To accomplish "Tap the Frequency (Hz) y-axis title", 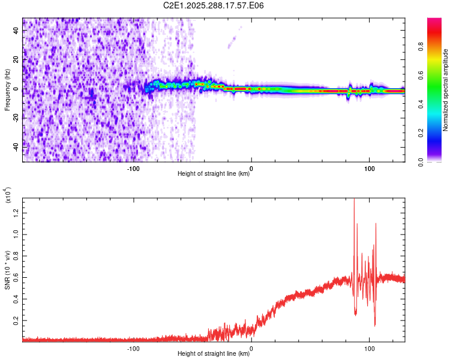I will coord(7,90).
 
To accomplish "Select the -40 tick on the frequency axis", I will coord(16,146).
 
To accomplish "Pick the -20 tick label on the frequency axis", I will coord(16,118).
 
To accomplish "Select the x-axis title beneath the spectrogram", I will coord(214,174).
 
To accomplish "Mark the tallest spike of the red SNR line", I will coord(354,199).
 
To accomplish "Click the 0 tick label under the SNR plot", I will coord(251,348).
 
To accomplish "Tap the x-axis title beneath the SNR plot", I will coord(214,354).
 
